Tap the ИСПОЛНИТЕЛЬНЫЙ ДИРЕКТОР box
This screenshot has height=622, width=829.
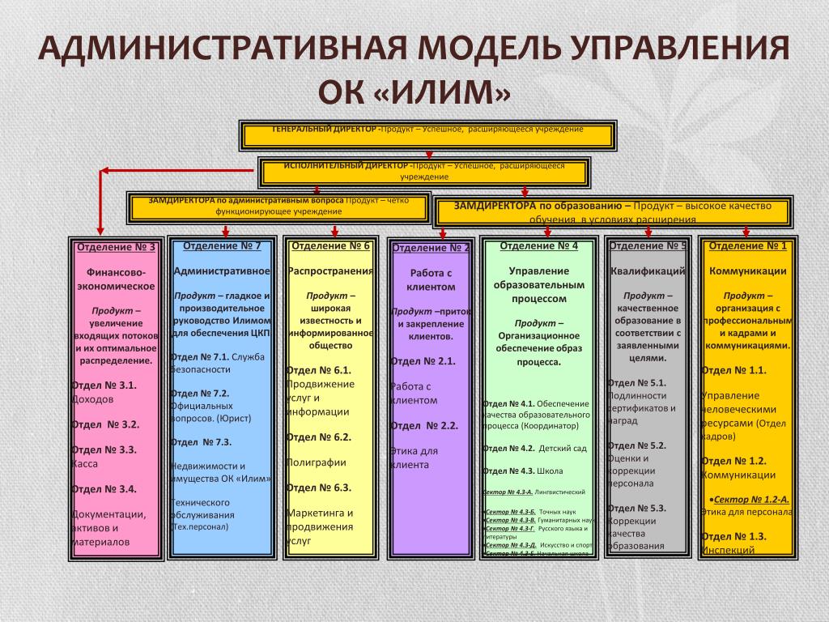point(424,172)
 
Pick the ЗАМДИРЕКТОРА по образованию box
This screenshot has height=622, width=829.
point(613,211)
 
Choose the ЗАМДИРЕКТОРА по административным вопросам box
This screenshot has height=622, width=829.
point(278,207)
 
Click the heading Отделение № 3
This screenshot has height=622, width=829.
point(115,247)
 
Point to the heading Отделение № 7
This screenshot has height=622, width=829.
point(222,245)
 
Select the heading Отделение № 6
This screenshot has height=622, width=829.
point(330,245)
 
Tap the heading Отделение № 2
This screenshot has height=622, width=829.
point(431,248)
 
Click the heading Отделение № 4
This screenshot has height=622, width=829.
point(539,245)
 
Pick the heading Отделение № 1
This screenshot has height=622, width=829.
point(747,245)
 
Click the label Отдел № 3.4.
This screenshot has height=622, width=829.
point(104,488)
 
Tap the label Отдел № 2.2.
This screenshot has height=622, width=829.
point(424,425)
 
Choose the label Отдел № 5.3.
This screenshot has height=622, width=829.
point(636,508)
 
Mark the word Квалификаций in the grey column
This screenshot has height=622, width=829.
point(648,271)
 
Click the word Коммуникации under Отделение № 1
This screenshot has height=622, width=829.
point(747,271)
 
